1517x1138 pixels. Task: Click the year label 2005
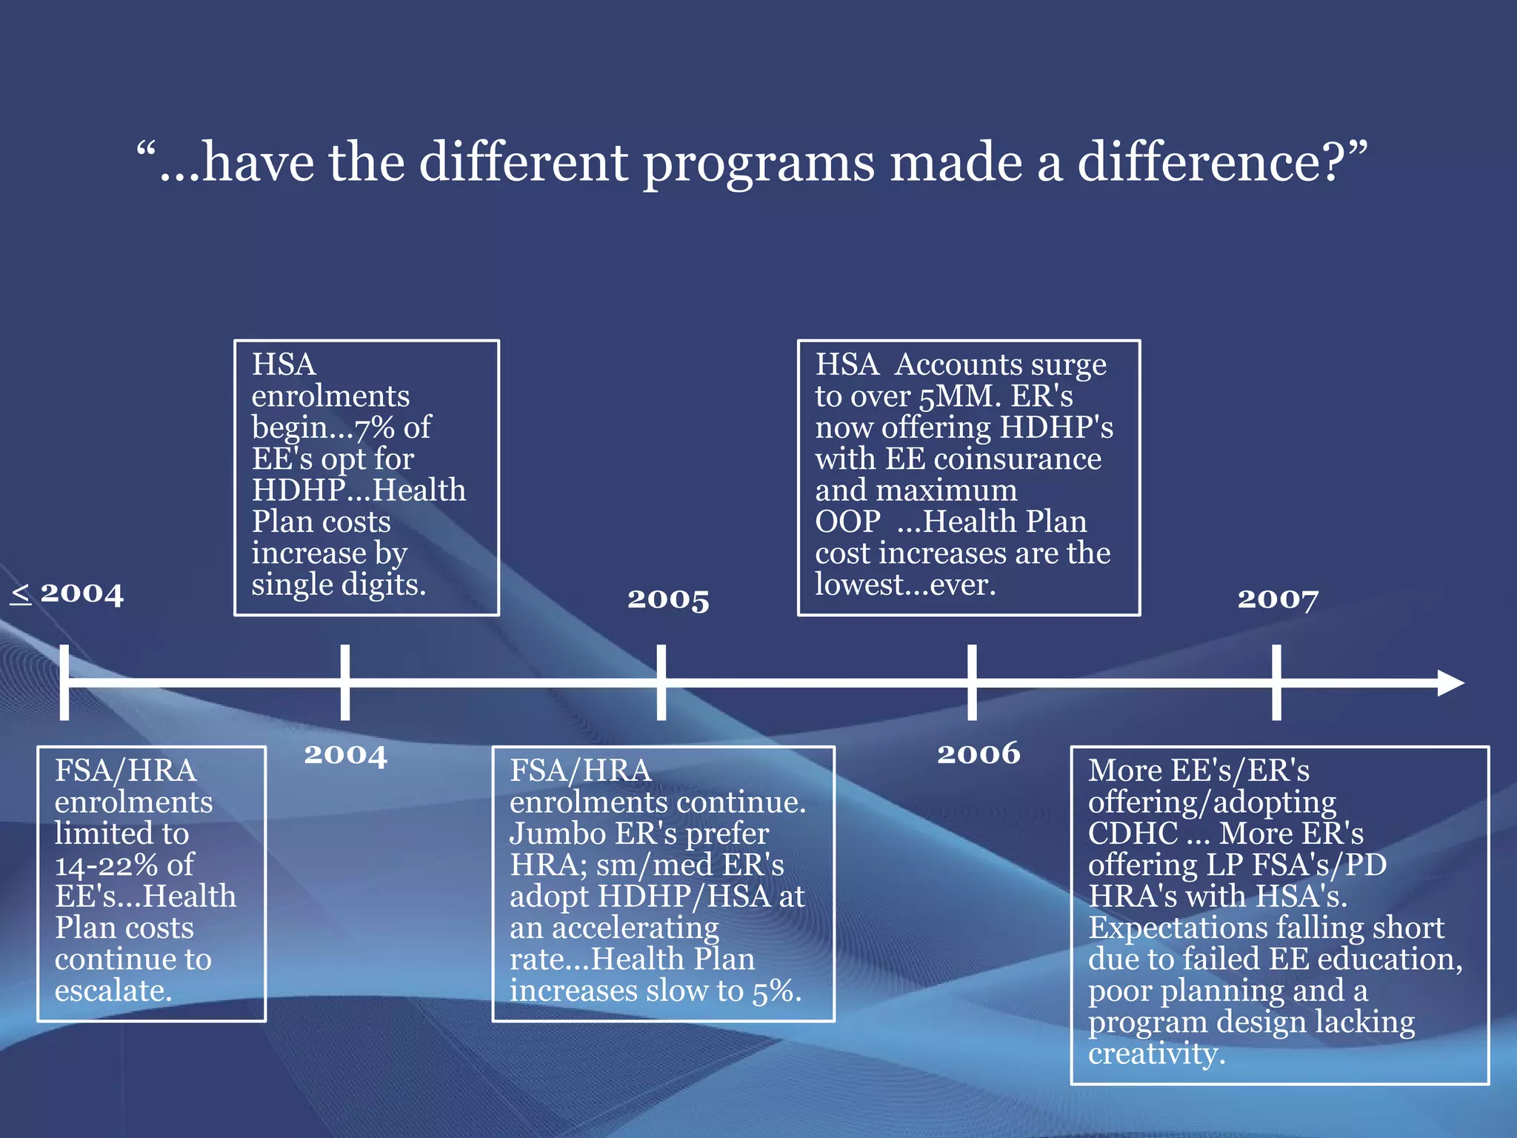[668, 599]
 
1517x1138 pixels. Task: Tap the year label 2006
[978, 753]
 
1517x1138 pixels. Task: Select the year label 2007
[1278, 599]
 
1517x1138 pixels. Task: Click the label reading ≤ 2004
[67, 593]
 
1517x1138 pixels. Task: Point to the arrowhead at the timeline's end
[1450, 682]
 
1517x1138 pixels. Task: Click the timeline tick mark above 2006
[972, 682]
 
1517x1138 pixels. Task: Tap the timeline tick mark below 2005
[661, 682]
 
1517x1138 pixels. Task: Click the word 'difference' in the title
[1208, 162]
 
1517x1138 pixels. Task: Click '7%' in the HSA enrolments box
[374, 427]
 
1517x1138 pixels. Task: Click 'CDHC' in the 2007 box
[1133, 833]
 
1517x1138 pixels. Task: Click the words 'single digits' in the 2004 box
[338, 585]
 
